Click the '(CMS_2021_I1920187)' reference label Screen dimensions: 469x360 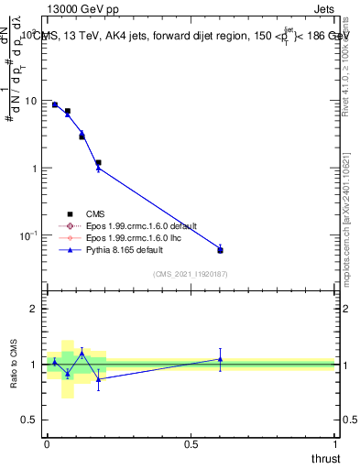[x=191, y=273]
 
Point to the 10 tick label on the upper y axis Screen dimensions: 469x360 [x=31, y=101]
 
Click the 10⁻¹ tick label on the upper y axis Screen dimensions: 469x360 [x=29, y=235]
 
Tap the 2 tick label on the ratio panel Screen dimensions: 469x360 [x=36, y=309]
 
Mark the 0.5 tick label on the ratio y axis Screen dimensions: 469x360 [x=31, y=420]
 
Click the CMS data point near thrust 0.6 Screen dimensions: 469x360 [x=220, y=250]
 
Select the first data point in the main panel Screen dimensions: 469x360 [x=54, y=104]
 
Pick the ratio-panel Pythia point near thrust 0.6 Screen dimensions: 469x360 [x=220, y=359]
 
